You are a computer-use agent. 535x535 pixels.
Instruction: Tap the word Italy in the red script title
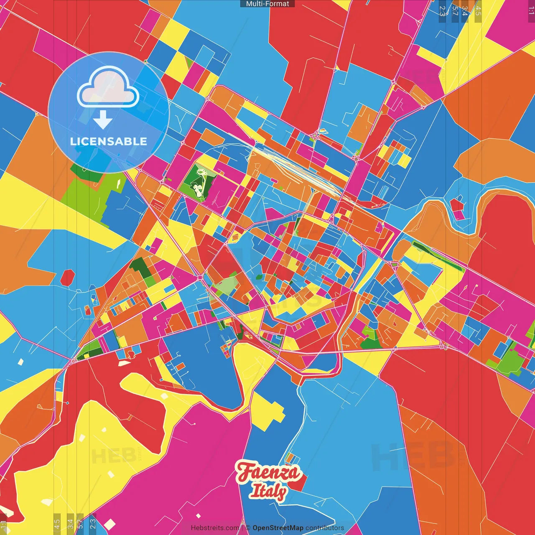(268, 491)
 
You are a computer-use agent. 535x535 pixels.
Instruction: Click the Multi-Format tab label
(267, 4)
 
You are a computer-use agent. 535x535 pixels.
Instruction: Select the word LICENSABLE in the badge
(109, 141)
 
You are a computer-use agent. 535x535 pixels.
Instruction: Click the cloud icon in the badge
(108, 88)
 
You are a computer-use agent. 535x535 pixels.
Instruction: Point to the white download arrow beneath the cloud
(103, 120)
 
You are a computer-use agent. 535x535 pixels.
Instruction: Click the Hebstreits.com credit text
(215, 528)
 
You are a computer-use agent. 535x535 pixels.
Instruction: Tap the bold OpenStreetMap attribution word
(278, 528)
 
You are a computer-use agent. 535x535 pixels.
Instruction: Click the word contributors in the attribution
(325, 528)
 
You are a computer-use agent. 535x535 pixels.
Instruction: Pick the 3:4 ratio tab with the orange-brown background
(465, 11)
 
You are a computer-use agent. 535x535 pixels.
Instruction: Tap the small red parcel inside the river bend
(457, 205)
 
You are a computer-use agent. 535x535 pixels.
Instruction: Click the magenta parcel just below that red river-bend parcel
(459, 215)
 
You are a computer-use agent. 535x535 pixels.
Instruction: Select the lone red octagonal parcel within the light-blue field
(67, 277)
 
